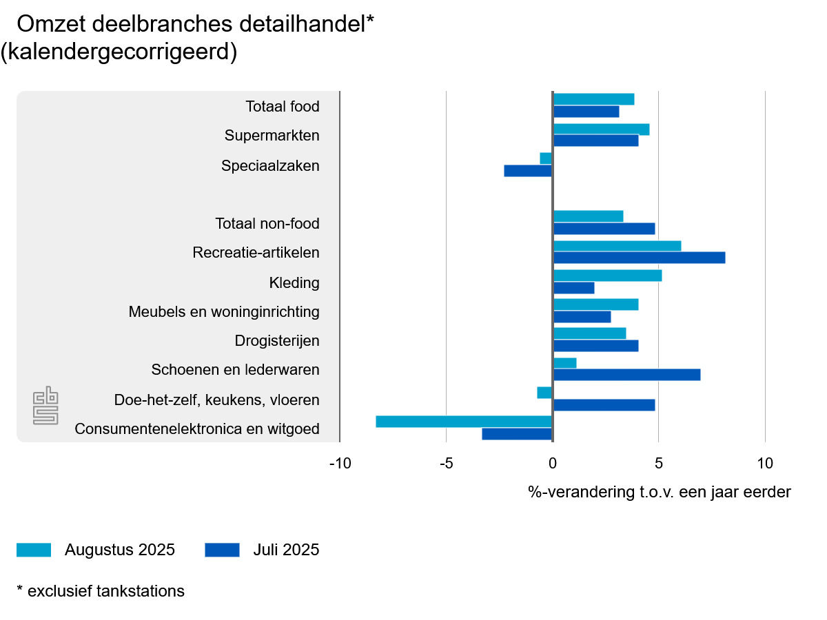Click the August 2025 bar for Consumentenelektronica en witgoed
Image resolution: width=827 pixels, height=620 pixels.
click(464, 422)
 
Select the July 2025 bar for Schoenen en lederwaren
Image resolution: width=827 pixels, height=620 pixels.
click(626, 375)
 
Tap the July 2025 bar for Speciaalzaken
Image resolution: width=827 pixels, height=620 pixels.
click(528, 171)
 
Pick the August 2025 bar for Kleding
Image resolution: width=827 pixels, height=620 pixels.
click(607, 276)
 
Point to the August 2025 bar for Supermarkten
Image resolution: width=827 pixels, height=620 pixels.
click(601, 130)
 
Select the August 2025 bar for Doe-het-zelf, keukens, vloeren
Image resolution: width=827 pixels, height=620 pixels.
click(544, 393)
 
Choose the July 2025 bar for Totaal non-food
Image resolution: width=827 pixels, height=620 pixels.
click(604, 229)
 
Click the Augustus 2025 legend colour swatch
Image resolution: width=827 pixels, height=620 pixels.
click(34, 550)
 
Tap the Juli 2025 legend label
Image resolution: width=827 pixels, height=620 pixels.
click(286, 550)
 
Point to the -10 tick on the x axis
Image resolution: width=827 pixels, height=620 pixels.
click(340, 463)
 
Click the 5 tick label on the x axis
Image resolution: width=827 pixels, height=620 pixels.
click(658, 463)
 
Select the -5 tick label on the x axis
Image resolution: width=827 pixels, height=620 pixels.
click(446, 463)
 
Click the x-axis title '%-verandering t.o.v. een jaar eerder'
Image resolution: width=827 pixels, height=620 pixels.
click(660, 492)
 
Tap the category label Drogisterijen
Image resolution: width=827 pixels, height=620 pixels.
click(277, 341)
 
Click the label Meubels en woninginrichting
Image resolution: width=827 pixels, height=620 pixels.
click(224, 312)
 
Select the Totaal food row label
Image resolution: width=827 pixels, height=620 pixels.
click(283, 107)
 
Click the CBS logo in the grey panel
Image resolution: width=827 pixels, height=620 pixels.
click(46, 406)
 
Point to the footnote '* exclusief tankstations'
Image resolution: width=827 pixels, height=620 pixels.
click(101, 591)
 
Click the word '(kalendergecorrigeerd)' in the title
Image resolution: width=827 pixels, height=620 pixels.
click(119, 52)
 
